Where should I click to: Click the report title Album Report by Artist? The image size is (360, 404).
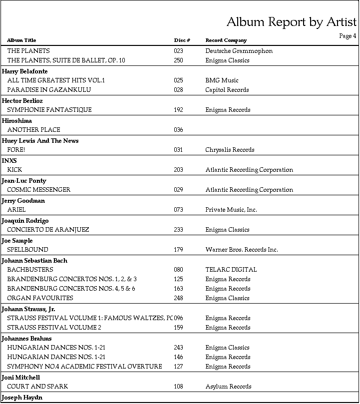pyautogui.click(x=291, y=22)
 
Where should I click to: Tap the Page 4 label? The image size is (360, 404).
pyautogui.click(x=348, y=36)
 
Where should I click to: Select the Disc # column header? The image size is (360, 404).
pyautogui.click(x=182, y=40)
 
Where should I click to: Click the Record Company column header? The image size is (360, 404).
pyautogui.click(x=226, y=40)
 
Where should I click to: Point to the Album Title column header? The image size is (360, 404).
pyautogui.click(x=21, y=40)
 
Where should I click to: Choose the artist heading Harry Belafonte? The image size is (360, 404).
pyautogui.click(x=25, y=71)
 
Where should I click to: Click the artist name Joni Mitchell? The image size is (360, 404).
pyautogui.click(x=21, y=378)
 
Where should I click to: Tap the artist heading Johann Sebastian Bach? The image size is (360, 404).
pyautogui.click(x=34, y=261)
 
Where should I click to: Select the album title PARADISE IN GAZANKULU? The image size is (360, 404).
pyautogui.click(x=44, y=90)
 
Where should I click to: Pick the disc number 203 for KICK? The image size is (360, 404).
pyautogui.click(x=178, y=170)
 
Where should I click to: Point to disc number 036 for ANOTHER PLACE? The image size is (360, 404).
pyautogui.click(x=178, y=130)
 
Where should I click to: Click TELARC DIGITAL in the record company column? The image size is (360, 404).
pyautogui.click(x=231, y=270)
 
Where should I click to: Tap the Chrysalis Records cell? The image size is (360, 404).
pyautogui.click(x=230, y=150)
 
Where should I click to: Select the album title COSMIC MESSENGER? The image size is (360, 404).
pyautogui.click(x=39, y=190)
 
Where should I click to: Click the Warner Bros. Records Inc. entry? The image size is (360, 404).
pyautogui.click(x=242, y=250)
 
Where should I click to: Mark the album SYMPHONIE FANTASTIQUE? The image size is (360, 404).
pyautogui.click(x=49, y=110)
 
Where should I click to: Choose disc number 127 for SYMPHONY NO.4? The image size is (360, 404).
pyautogui.click(x=178, y=367)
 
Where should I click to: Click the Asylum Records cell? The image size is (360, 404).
pyautogui.click(x=228, y=387)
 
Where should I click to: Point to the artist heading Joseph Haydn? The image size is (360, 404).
pyautogui.click(x=22, y=398)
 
